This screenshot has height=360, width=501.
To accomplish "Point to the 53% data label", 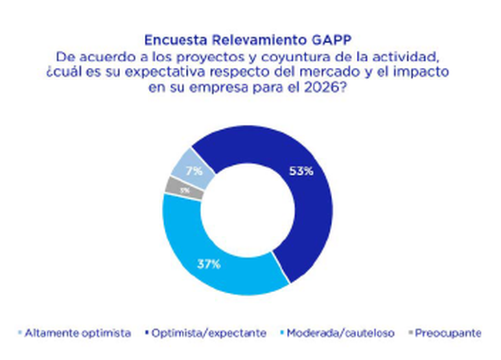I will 301,171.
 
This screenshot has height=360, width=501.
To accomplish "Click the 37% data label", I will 208,264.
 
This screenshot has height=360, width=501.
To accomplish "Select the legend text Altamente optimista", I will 78,333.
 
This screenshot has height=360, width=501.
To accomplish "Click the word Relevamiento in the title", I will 248,39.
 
